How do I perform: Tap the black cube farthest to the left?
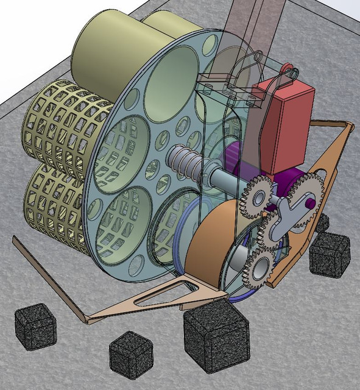pyautogui.click(x=35, y=327)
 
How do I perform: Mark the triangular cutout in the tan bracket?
pyautogui.click(x=160, y=296)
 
